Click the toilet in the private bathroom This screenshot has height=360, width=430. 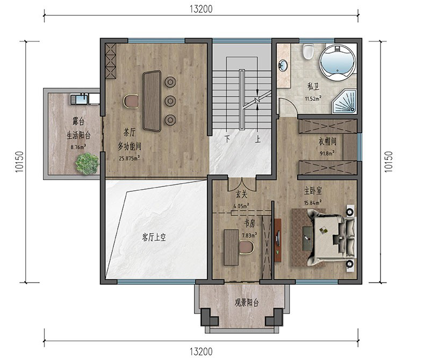(308, 52)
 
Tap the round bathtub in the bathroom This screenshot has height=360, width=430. (338, 62)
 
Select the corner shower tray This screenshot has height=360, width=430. (345, 102)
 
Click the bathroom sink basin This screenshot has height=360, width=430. (283, 65)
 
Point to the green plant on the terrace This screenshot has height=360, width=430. (87, 164)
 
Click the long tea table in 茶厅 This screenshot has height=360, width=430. (152, 101)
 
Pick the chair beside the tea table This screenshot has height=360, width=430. (131, 101)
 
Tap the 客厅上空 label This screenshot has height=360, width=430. (154, 237)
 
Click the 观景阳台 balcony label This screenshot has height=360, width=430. (247, 303)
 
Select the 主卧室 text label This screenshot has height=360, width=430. (313, 191)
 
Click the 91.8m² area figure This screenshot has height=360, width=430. (327, 153)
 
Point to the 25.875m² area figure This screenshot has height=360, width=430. (129, 158)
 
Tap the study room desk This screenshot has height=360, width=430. (231, 247)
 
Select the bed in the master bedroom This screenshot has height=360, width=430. (332, 237)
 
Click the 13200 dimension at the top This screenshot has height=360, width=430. (201, 9)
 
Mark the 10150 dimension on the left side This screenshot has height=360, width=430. (19, 162)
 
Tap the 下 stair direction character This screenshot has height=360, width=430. (227, 139)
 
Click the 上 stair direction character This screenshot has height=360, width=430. (258, 139)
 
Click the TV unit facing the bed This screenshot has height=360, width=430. (278, 240)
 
